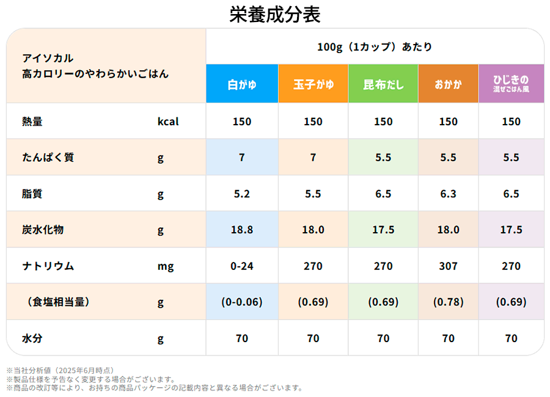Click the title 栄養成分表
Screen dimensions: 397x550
point(275,14)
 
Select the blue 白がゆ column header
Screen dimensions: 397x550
point(242,84)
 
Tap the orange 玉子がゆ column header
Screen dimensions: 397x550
point(313,84)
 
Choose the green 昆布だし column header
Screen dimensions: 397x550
point(383,84)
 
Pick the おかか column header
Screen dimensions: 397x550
point(448,84)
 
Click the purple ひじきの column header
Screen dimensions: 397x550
point(512,84)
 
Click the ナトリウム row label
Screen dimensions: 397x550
point(48,266)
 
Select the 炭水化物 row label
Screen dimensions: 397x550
point(43,230)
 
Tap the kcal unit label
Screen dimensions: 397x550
point(168,122)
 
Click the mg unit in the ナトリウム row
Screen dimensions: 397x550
point(165,266)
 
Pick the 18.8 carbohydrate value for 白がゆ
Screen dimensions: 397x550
point(242,230)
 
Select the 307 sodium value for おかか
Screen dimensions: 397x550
point(448,266)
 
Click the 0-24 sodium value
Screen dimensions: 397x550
point(242,266)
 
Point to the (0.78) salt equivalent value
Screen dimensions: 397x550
point(448,302)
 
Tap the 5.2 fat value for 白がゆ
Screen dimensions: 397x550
point(242,194)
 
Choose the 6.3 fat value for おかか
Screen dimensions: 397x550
point(448,194)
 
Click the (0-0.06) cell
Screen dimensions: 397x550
point(242,302)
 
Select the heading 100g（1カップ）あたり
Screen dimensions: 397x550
point(375,46)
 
